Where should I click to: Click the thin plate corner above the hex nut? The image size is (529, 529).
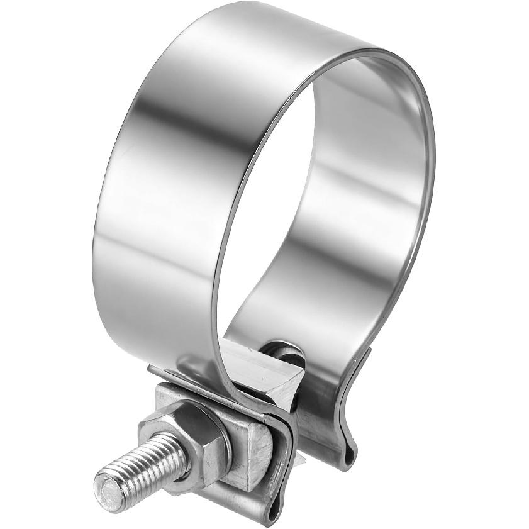pyautogui.click(x=157, y=374)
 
